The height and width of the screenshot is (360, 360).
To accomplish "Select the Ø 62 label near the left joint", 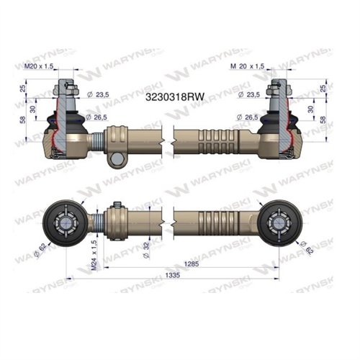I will click(x=45, y=252).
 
